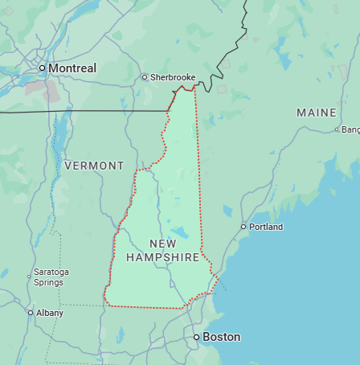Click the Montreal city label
[x=72, y=68]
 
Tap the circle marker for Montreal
[x=43, y=68]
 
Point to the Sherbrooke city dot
[x=145, y=77]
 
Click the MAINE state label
[x=316, y=112]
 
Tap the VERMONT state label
[x=94, y=166]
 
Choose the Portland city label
[x=266, y=227]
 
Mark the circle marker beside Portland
[x=243, y=227]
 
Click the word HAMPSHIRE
[x=162, y=257]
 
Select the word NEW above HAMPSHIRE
[x=162, y=243]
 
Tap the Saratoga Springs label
[x=51, y=277]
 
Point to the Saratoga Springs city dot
[x=29, y=277]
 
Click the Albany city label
[x=49, y=312]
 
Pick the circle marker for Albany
[x=31, y=312]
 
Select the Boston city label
[x=221, y=337]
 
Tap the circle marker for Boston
[x=196, y=337]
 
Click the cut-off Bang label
[x=350, y=129]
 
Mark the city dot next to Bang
[x=336, y=129]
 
